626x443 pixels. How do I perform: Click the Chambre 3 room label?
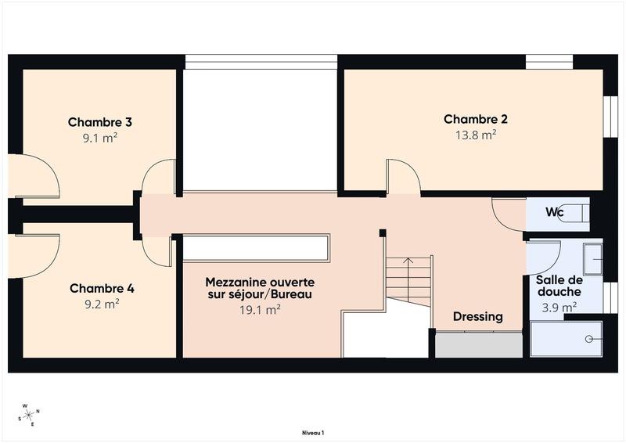[x=99, y=122]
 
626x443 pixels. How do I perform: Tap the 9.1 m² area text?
[x=99, y=139]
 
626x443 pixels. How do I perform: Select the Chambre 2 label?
[x=476, y=119]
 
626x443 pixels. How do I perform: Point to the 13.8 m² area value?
[x=476, y=135]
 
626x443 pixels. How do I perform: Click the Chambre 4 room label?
[x=102, y=288]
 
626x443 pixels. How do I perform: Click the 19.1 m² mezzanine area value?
[x=259, y=309]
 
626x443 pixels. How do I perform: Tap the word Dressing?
[x=478, y=317]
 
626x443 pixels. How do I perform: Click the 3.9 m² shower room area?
[x=559, y=307]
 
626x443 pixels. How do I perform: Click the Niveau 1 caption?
[x=313, y=432]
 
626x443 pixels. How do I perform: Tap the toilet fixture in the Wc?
[x=577, y=213]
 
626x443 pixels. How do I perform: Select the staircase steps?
[x=409, y=280]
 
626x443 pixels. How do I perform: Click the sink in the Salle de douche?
[x=592, y=259]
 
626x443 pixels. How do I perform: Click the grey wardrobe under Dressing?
[x=478, y=345]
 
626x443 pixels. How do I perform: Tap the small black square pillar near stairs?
[x=382, y=232]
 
